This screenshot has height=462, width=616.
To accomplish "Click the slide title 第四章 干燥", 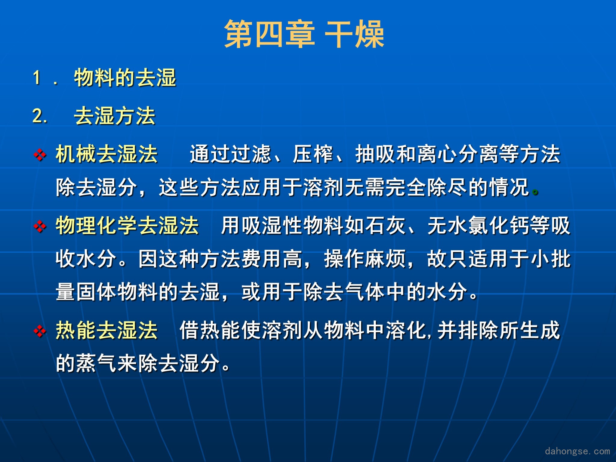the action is click(x=304, y=34).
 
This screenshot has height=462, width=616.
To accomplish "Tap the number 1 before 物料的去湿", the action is click(x=37, y=78).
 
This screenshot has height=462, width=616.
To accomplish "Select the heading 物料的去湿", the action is click(x=125, y=78).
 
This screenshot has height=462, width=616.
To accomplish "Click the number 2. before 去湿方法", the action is click(x=40, y=116).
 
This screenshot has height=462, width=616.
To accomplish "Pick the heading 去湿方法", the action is click(x=115, y=116).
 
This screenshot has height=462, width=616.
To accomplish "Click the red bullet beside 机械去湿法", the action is click(x=40, y=155).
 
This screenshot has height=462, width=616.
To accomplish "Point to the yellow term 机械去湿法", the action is click(x=107, y=154).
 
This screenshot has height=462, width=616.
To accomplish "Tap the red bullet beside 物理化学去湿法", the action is click(x=40, y=226).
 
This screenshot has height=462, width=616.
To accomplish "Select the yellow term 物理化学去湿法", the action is click(x=127, y=225).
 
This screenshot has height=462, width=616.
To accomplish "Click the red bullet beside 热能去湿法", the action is click(x=40, y=331).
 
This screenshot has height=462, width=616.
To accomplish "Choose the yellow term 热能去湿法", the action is click(x=107, y=330).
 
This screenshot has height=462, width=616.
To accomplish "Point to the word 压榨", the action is click(x=313, y=154).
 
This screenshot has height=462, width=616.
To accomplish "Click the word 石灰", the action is click(x=385, y=225).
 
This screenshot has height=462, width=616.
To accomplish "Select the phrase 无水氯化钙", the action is click(x=479, y=225).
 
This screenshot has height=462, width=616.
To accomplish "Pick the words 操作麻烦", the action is click(x=365, y=259).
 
